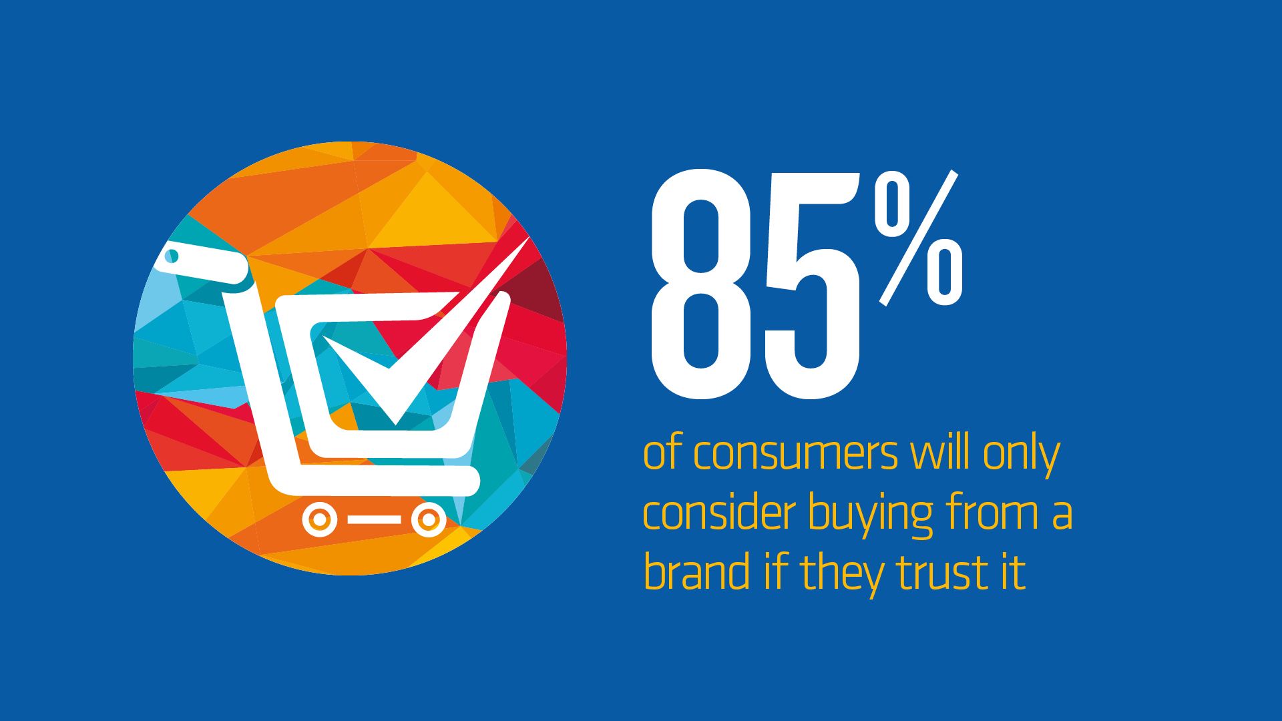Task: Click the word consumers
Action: click(795, 454)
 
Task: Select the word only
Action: click(1021, 456)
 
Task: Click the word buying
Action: click(870, 515)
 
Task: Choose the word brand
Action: click(696, 572)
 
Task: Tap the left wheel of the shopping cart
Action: click(320, 519)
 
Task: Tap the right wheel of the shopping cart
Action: click(428, 519)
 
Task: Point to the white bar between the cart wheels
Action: click(374, 519)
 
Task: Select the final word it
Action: click(1012, 573)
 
